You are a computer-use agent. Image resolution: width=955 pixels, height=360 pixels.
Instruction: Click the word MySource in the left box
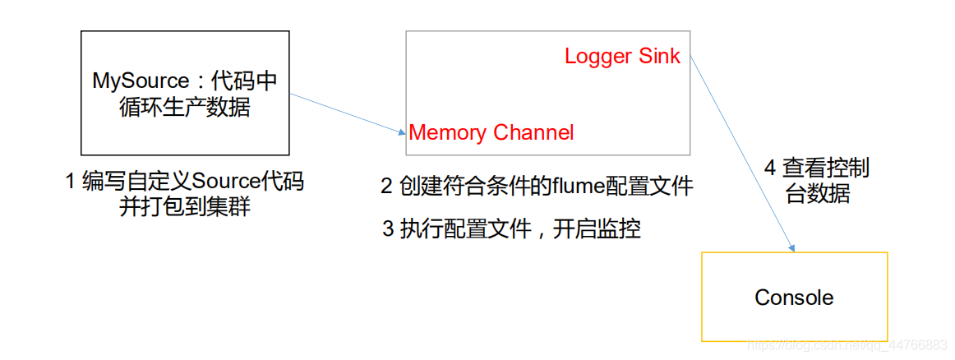141,81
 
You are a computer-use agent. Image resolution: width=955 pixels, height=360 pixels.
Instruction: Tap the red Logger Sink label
622,56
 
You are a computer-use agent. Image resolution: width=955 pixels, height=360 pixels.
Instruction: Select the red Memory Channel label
491,132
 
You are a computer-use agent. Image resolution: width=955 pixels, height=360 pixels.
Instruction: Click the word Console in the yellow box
794,298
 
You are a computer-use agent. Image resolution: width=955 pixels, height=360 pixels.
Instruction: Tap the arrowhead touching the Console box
792,247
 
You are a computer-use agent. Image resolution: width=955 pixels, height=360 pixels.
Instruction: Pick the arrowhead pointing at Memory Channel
400,130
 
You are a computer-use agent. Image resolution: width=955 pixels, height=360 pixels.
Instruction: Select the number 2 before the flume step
386,187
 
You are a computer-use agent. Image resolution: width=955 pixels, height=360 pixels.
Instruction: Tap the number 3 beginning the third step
388,229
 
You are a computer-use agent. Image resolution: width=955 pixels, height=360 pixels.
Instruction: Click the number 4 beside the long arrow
769,168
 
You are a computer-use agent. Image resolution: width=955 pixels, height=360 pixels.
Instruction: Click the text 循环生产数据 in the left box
184,107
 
